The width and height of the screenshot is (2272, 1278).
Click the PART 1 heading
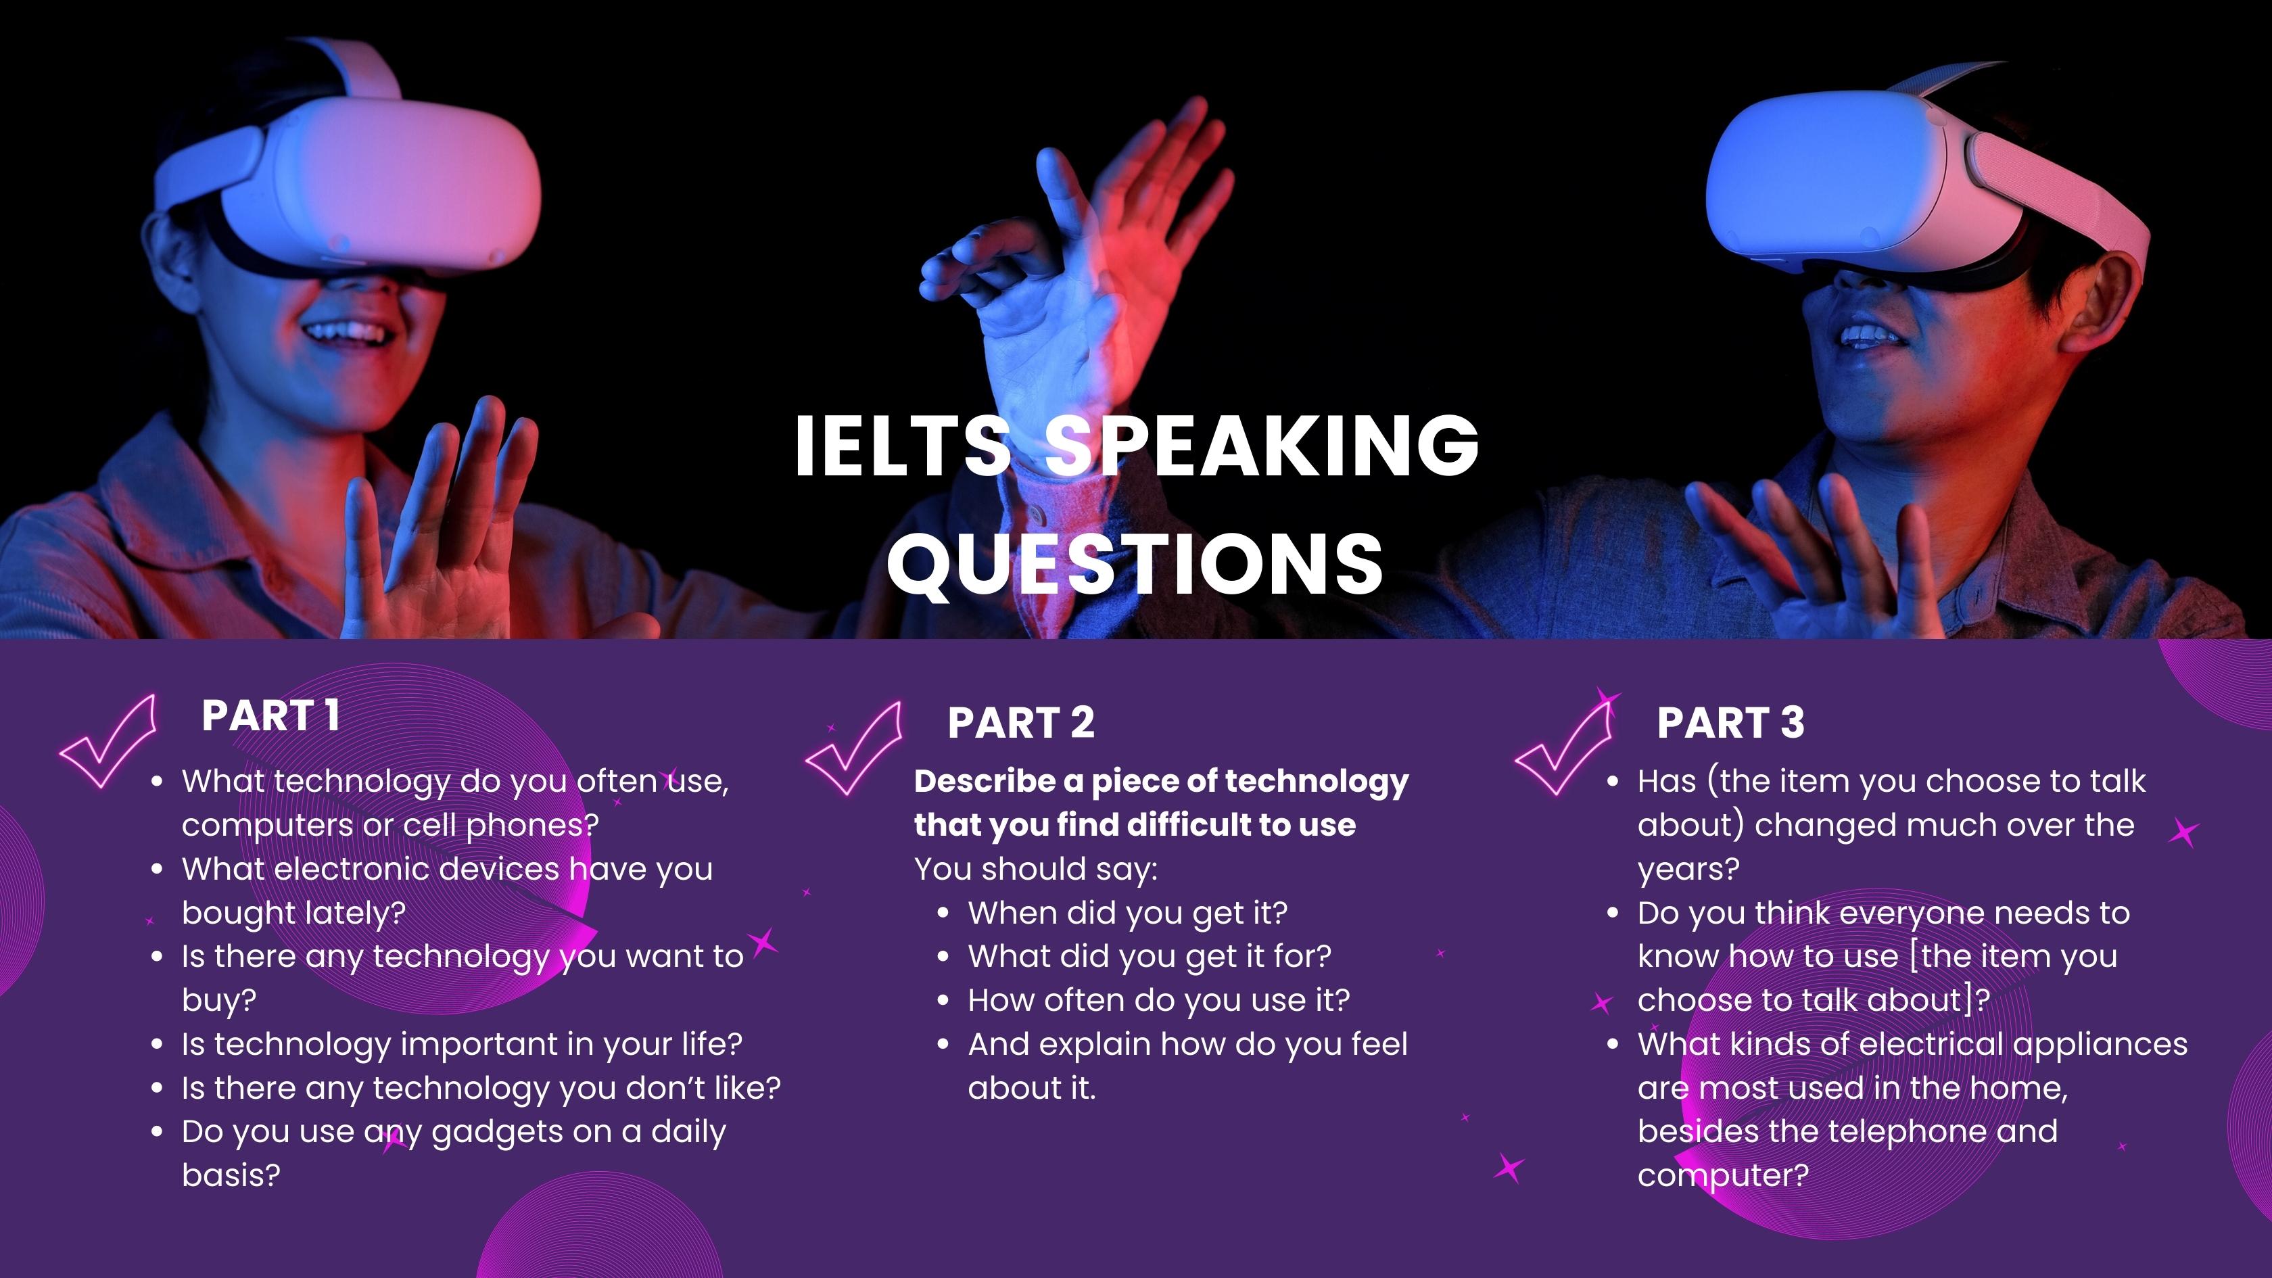270,715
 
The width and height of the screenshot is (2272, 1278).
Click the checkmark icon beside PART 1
108,742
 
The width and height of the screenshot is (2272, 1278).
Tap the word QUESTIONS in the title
1135,563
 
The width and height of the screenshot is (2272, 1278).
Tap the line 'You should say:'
1035,870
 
